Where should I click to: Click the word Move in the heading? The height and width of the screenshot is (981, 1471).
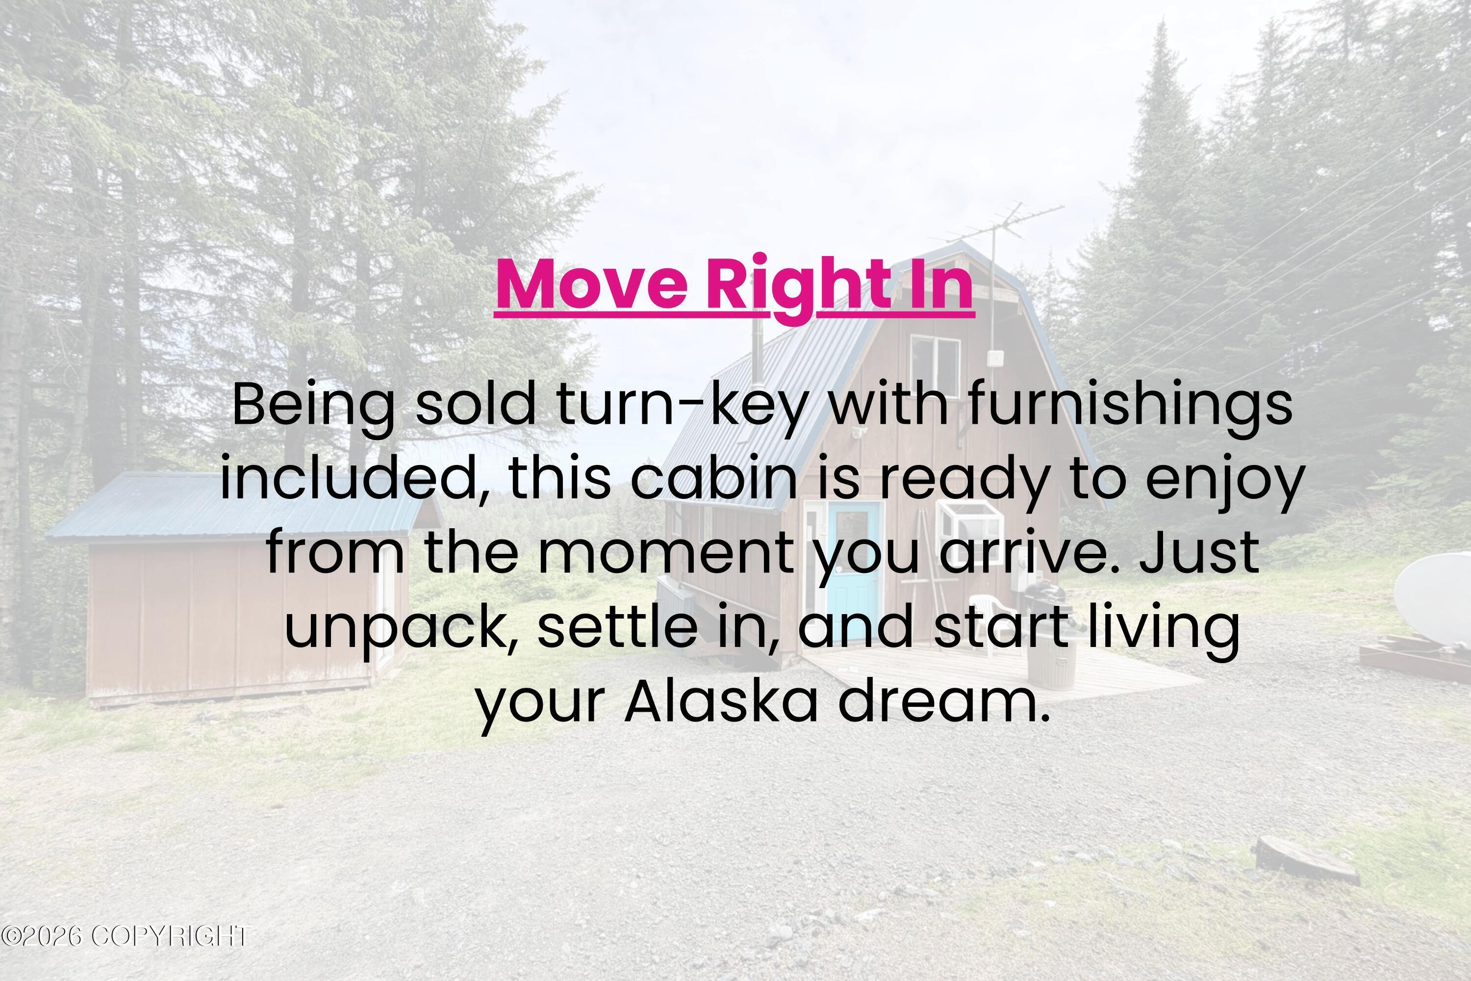pos(592,284)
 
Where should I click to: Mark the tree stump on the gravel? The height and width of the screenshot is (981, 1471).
pos(1307,860)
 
